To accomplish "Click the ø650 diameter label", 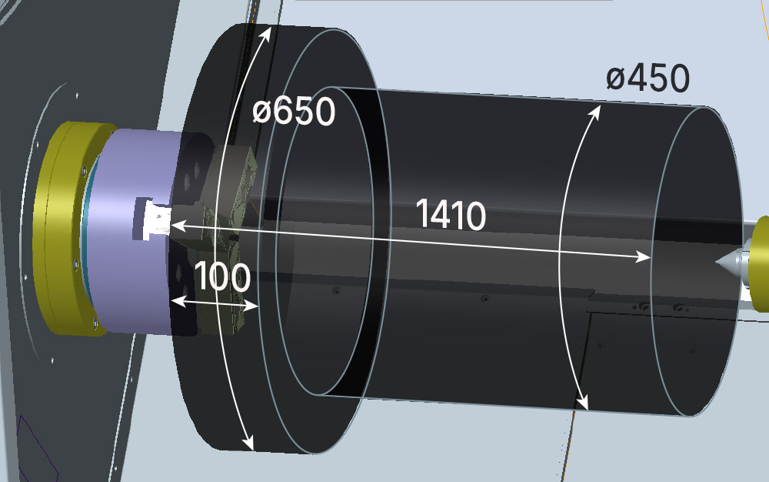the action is pos(294,112).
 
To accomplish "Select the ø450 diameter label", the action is pos(647,79).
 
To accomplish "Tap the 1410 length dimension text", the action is pos(451,215).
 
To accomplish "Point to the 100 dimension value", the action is pos(223,276).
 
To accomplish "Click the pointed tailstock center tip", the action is pos(717,263).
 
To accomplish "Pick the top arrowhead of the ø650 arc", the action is pos(267,32).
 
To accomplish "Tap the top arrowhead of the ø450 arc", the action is pos(595,111).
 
